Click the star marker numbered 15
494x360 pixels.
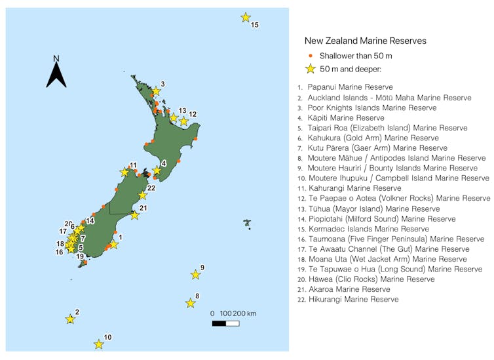click(246, 18)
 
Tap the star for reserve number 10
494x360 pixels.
click(99, 344)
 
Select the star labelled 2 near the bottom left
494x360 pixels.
click(70, 319)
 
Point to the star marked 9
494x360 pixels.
click(195, 275)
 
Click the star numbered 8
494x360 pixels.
click(190, 303)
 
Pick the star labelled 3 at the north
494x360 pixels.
click(156, 91)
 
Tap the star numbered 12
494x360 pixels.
click(184, 121)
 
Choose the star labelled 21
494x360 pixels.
click(134, 215)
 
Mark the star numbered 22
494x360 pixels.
click(143, 195)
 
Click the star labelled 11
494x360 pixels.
click(124, 172)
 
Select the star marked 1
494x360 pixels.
click(113, 245)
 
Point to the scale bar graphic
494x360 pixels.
click(225, 323)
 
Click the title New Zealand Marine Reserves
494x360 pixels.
click(366, 41)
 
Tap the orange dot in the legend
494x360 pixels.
click(311, 56)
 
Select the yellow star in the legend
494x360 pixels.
click(311, 69)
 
